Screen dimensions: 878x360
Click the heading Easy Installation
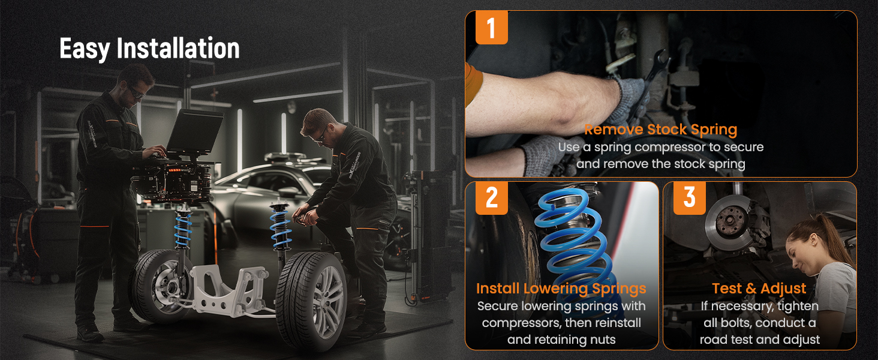[149, 49]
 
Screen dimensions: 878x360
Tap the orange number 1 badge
[492, 28]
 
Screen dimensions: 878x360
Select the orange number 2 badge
[492, 197]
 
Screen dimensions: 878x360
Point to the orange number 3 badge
[690, 197]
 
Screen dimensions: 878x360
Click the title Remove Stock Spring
[660, 130]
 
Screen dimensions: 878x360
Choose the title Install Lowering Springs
[561, 289]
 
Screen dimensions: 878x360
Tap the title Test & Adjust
[759, 289]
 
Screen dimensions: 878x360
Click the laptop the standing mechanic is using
[194, 133]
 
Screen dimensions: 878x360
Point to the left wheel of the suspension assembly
[161, 286]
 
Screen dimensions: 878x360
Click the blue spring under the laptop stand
[183, 232]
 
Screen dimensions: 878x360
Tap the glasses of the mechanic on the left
[137, 92]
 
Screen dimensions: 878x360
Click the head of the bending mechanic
[317, 125]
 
